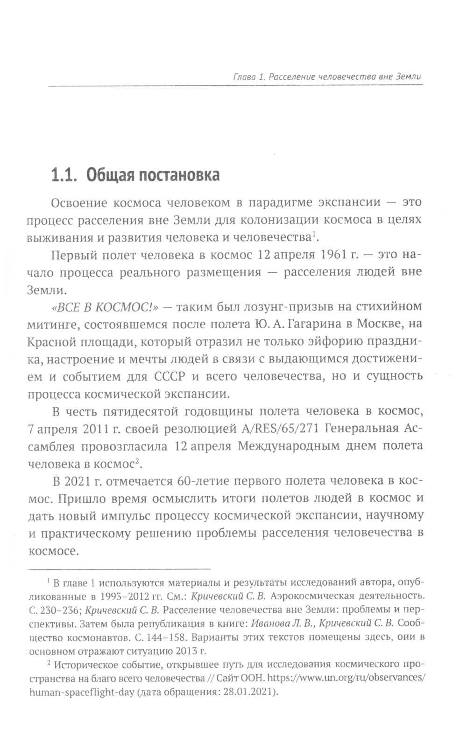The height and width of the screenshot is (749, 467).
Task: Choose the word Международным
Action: [293, 446]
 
